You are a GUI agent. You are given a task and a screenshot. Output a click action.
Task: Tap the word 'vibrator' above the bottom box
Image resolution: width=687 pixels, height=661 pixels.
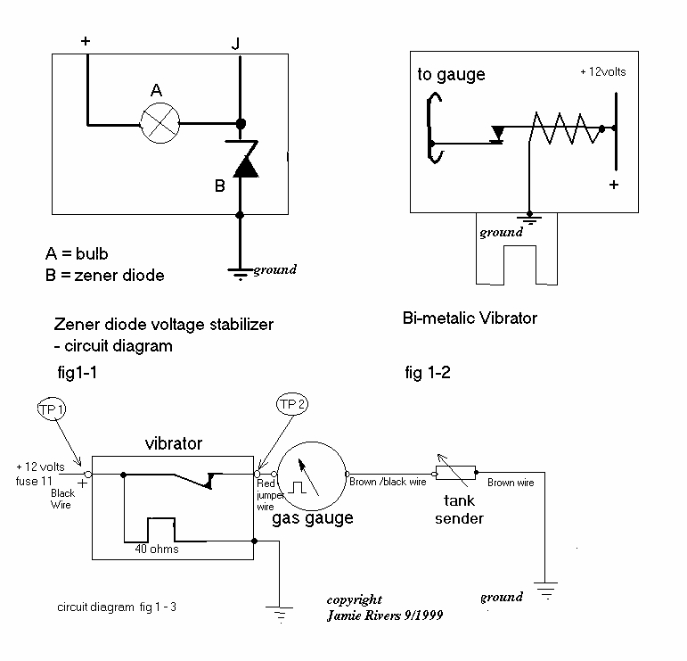(174, 443)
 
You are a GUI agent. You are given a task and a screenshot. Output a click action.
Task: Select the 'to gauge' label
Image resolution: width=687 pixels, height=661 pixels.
(451, 75)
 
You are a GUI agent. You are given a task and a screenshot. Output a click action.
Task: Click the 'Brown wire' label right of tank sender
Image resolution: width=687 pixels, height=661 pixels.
(511, 482)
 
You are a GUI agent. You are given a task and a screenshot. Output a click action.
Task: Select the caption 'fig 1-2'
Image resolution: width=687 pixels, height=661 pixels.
(427, 374)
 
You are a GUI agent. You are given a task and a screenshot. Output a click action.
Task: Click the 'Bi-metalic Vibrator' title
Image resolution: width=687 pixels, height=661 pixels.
(470, 318)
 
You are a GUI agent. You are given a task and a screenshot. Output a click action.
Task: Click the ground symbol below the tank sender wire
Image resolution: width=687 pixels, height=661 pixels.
(544, 590)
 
